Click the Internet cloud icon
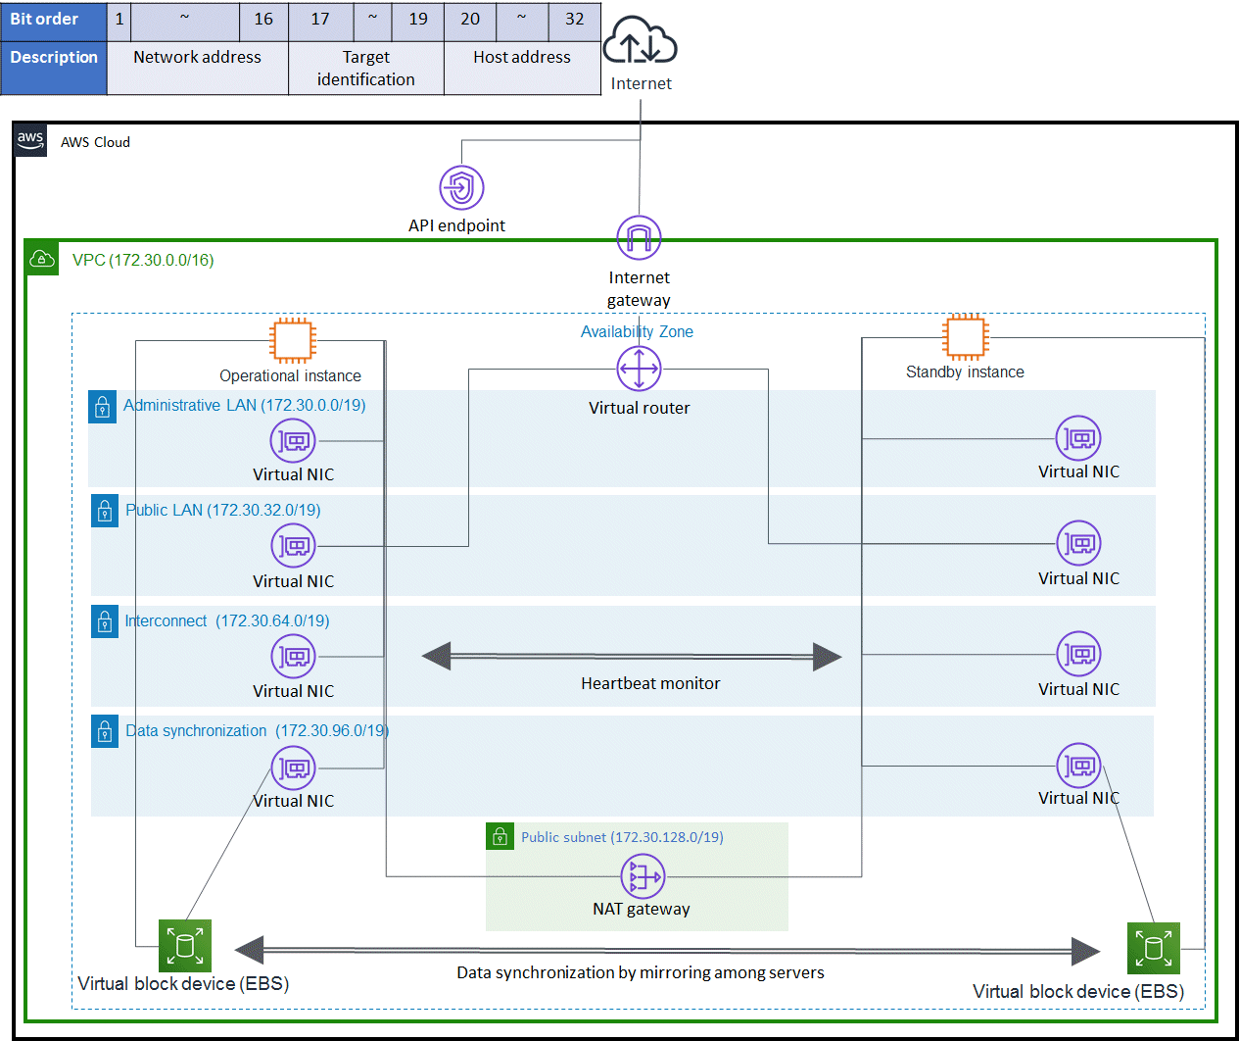[640, 42]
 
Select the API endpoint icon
[461, 187]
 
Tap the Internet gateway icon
[639, 238]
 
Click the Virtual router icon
[639, 370]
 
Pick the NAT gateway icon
[643, 876]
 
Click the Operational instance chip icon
[293, 340]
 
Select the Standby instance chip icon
[965, 336]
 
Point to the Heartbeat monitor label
[650, 683]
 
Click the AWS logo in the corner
[30, 140]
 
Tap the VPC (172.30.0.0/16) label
[143, 260]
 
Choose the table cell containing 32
[574, 20]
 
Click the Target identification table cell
[366, 69]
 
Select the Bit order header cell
[53, 20]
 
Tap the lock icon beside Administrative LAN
[102, 407]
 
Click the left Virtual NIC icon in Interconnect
[293, 656]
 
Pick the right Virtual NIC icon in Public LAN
[1078, 543]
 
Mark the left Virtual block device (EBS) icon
[185, 946]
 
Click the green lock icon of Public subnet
[500, 836]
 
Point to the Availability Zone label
[637, 331]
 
